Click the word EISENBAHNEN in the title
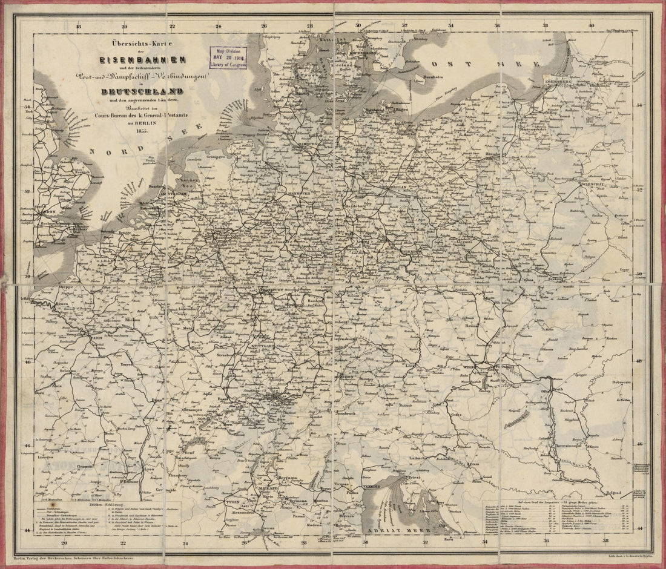coord(143,60)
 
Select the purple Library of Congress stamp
coord(228,58)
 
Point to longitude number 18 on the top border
coord(78,25)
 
